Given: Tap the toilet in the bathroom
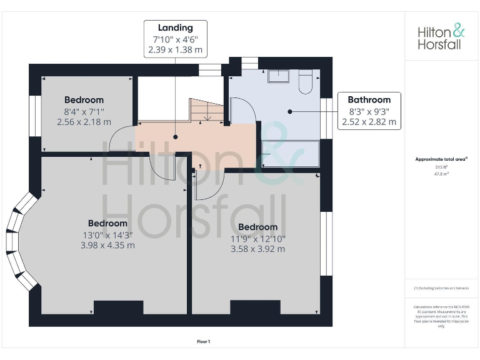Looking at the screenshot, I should coord(306,82).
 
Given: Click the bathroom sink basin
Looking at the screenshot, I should coord(278,76).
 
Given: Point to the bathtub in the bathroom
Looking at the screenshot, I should coord(290,154).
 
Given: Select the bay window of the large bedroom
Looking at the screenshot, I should coord(19,241).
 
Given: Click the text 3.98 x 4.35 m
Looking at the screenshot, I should coord(107,245).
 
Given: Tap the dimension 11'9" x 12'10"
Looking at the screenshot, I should coord(257,238).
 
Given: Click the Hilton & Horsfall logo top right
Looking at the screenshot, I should coord(441,37).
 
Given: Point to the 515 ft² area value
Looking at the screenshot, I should coord(442,167).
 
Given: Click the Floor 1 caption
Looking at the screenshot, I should coord(204,341).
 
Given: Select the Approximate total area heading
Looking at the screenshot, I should coord(441,159).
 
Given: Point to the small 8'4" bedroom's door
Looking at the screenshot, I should coord(120,139).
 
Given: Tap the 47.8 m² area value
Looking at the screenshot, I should coord(442,174).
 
